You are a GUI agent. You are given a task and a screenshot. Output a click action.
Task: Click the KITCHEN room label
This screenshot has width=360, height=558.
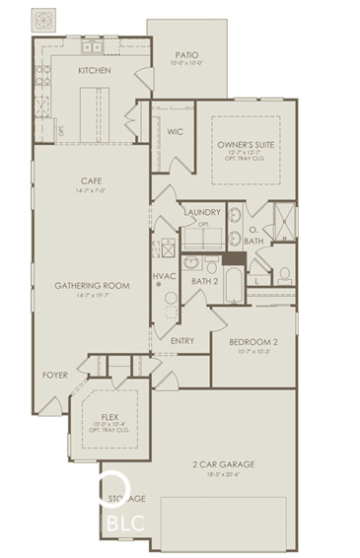94,71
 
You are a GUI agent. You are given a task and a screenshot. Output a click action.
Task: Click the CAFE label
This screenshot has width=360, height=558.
94,180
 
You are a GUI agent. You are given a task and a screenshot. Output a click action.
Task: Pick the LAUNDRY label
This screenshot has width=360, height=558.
201,212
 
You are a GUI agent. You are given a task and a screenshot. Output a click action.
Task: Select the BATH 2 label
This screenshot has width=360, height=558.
204,281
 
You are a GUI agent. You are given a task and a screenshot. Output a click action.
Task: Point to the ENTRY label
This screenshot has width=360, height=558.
181,341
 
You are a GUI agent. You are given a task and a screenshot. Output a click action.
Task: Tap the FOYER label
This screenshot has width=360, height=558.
54,375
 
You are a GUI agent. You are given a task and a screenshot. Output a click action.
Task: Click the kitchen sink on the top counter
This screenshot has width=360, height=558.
94,46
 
